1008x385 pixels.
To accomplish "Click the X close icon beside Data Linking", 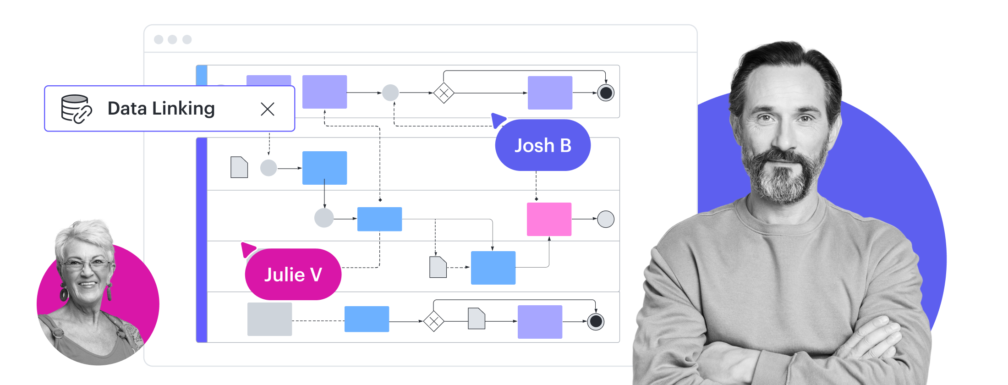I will pyautogui.click(x=268, y=109).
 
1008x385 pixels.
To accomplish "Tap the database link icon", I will pyautogui.click(x=77, y=109).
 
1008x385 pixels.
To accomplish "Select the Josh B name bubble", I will pyautogui.click(x=543, y=145).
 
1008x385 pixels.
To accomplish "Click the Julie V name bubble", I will pyautogui.click(x=293, y=274).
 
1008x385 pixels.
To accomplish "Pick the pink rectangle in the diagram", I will pyautogui.click(x=549, y=219).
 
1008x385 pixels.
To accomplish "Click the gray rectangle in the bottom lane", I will pyautogui.click(x=269, y=319).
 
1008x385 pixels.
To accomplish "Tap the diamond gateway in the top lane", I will pyautogui.click(x=444, y=93).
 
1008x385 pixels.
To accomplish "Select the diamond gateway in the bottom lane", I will pyautogui.click(x=433, y=321).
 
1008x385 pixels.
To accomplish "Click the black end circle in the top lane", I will pyautogui.click(x=606, y=93).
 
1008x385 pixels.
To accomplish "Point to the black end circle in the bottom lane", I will pyautogui.click(x=596, y=321).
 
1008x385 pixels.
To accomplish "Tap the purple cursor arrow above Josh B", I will pyautogui.click(x=498, y=120).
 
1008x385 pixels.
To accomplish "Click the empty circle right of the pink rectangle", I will pyautogui.click(x=606, y=219).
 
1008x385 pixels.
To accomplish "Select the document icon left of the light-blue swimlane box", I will pyautogui.click(x=239, y=167).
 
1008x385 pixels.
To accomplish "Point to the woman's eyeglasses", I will pyautogui.click(x=86, y=264).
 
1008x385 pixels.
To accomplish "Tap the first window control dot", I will pyautogui.click(x=159, y=39).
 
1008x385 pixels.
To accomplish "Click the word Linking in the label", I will pyautogui.click(x=183, y=109).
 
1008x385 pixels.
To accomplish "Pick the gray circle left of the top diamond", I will pyautogui.click(x=390, y=93).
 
